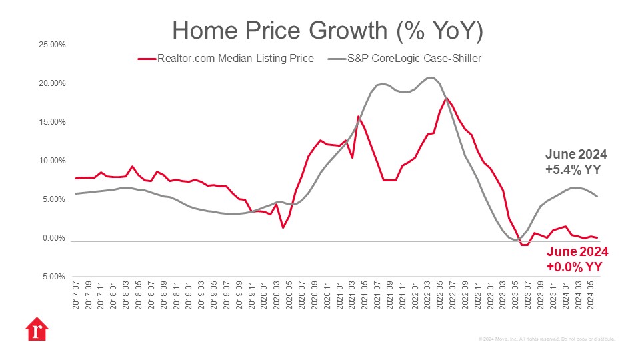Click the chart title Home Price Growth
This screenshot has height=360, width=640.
coord(327,30)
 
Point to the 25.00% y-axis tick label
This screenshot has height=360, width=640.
coord(51,45)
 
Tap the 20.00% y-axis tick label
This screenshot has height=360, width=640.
coord(51,83)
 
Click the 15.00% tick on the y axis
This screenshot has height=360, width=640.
coord(51,122)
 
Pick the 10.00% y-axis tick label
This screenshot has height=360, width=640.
coord(51,161)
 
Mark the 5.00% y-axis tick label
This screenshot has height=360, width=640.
coord(53,199)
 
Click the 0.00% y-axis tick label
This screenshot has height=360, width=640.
coord(53,238)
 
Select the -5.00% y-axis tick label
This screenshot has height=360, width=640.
coord(51,277)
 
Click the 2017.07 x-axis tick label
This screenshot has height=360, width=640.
coord(76,294)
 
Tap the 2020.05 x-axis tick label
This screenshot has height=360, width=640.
coord(289,294)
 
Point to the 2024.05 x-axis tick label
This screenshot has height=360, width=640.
coord(591,294)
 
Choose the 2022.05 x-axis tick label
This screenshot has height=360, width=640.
coord(440,294)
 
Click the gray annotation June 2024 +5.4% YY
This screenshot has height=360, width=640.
coord(576,162)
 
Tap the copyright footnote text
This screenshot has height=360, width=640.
coord(547,339)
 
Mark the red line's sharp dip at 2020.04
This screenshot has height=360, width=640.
coord(283,228)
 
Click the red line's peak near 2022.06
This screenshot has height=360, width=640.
coord(446,98)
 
